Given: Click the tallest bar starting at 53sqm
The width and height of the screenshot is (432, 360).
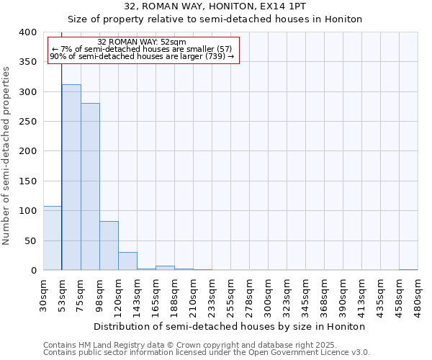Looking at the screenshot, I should [71, 177].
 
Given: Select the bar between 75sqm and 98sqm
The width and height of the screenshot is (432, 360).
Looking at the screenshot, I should [90, 186].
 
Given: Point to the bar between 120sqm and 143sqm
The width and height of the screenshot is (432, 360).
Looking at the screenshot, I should [127, 261].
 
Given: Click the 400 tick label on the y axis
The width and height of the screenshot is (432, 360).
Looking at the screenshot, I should [28, 32].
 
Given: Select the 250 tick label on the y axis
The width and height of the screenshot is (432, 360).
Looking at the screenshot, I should [28, 122].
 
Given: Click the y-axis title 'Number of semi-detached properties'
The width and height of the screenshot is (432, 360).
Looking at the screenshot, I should [7, 155].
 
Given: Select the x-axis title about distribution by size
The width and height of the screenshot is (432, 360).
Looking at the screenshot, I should [229, 326].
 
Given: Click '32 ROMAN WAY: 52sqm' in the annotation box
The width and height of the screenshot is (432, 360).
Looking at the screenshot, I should [142, 42].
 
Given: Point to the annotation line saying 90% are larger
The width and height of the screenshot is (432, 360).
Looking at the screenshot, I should [142, 56].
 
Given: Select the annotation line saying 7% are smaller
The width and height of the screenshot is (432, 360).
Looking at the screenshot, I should [142, 49].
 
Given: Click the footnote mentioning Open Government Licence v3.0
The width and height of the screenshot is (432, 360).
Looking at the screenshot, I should [207, 353].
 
